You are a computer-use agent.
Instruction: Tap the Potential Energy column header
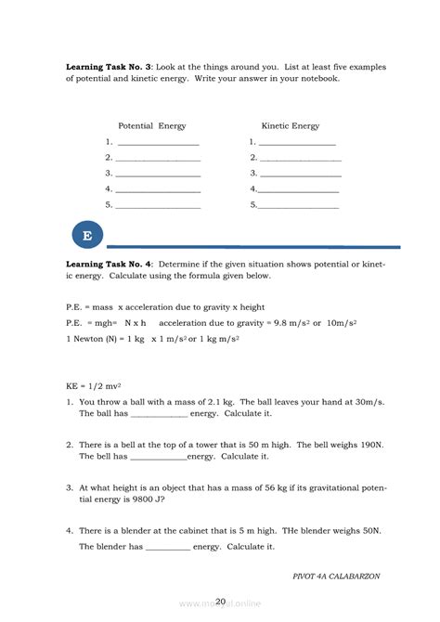click(x=152, y=125)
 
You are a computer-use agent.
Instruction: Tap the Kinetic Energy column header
click(x=291, y=125)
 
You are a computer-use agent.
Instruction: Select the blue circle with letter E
click(x=87, y=236)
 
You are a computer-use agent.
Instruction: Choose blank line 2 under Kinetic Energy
click(x=300, y=159)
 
